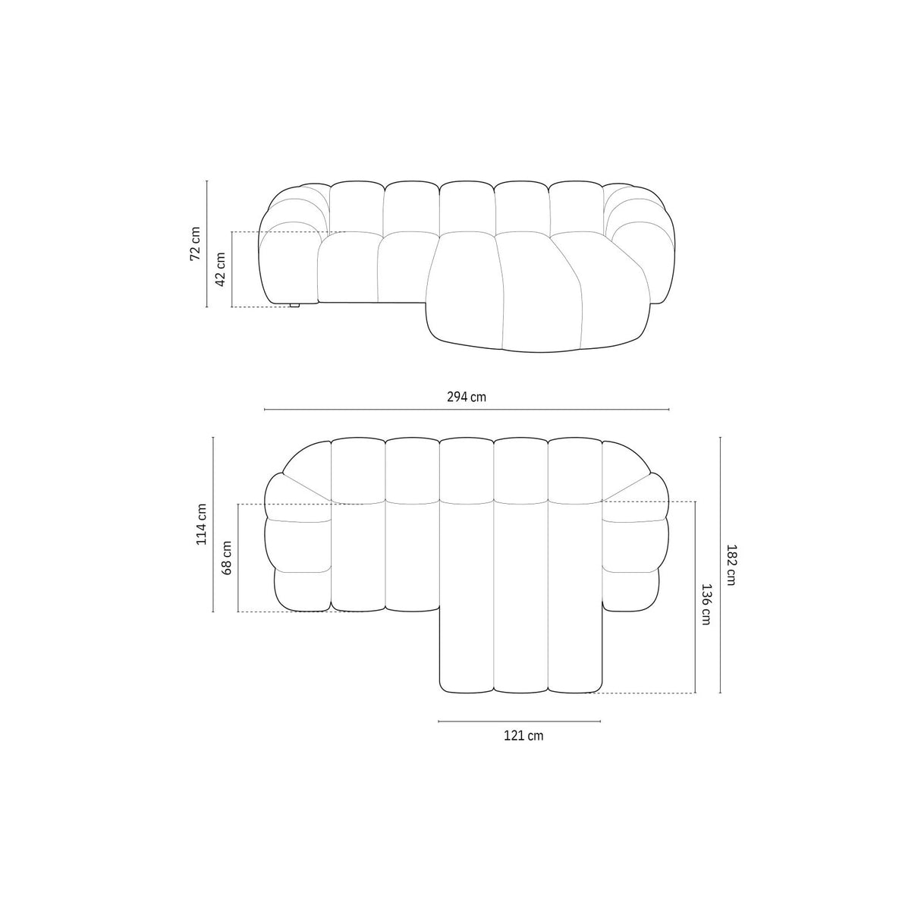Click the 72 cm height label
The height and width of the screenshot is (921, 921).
pyautogui.click(x=196, y=244)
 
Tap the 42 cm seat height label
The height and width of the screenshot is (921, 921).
pyautogui.click(x=221, y=268)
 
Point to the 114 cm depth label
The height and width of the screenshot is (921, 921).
pyautogui.click(x=201, y=524)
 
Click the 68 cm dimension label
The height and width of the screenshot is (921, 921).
pyautogui.click(x=226, y=558)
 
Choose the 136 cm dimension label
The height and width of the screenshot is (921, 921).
pyautogui.click(x=706, y=604)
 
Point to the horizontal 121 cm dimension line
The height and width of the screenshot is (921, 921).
pyautogui.click(x=519, y=721)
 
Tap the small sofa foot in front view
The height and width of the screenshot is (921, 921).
pyautogui.click(x=294, y=305)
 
